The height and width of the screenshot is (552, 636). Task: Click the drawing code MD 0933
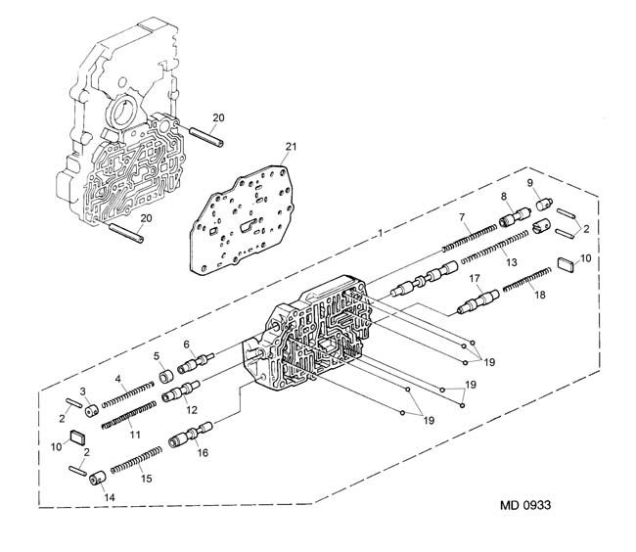[x=525, y=505]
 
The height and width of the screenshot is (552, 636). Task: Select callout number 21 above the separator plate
[x=291, y=147]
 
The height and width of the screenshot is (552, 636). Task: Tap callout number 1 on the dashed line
[x=380, y=233]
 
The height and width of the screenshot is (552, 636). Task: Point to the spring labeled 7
[x=470, y=237]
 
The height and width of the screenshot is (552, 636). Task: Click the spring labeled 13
[x=495, y=246]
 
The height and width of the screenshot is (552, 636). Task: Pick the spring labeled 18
[x=527, y=280]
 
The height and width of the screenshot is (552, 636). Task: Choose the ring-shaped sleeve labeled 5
[x=166, y=376]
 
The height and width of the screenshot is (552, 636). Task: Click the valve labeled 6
[x=196, y=363]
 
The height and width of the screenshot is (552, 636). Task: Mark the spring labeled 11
[x=128, y=415]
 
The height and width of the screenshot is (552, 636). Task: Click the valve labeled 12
[x=180, y=391]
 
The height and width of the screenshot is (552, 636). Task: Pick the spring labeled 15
[x=136, y=460]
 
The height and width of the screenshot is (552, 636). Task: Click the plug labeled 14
[x=97, y=478]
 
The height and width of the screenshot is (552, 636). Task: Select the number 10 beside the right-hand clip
[x=586, y=258]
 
